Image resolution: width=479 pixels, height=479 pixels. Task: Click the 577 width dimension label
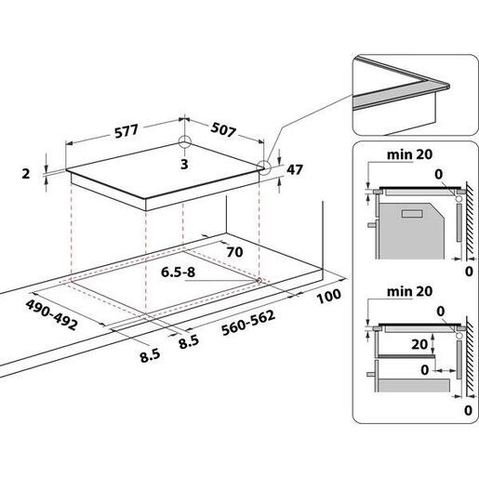pyautogui.click(x=126, y=130)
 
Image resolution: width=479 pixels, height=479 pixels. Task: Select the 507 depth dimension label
pyautogui.click(x=223, y=129)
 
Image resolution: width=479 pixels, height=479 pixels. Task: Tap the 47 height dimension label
pyautogui.click(x=294, y=169)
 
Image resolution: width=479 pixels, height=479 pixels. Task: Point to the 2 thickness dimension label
pyautogui.click(x=26, y=174)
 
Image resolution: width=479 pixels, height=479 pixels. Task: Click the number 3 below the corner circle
pyautogui.click(x=184, y=165)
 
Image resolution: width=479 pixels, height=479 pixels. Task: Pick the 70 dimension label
pyautogui.click(x=234, y=252)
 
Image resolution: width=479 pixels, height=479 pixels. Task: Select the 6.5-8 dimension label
pyautogui.click(x=178, y=273)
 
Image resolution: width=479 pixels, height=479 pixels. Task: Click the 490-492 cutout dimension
pyautogui.click(x=51, y=314)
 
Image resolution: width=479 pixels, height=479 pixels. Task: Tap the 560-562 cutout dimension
pyautogui.click(x=248, y=323)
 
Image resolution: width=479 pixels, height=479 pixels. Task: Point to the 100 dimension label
pyautogui.click(x=328, y=296)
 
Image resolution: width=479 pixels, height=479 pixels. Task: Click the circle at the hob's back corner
pyautogui.click(x=185, y=142)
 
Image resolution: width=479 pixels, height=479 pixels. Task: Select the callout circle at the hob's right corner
pyautogui.click(x=264, y=167)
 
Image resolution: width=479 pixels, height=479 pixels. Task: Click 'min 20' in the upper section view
pyautogui.click(x=409, y=154)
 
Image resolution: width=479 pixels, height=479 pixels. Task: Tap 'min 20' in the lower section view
pyautogui.click(x=409, y=291)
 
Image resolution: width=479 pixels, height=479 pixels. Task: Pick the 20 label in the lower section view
pyautogui.click(x=419, y=344)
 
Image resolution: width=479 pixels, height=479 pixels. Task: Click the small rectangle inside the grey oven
pyautogui.click(x=412, y=213)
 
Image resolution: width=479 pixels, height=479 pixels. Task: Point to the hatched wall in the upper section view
pyautogui.click(x=470, y=220)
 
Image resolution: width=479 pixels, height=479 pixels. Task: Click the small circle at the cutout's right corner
pyautogui.click(x=259, y=281)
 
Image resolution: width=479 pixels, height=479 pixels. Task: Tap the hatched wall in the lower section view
pyautogui.click(x=470, y=356)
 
